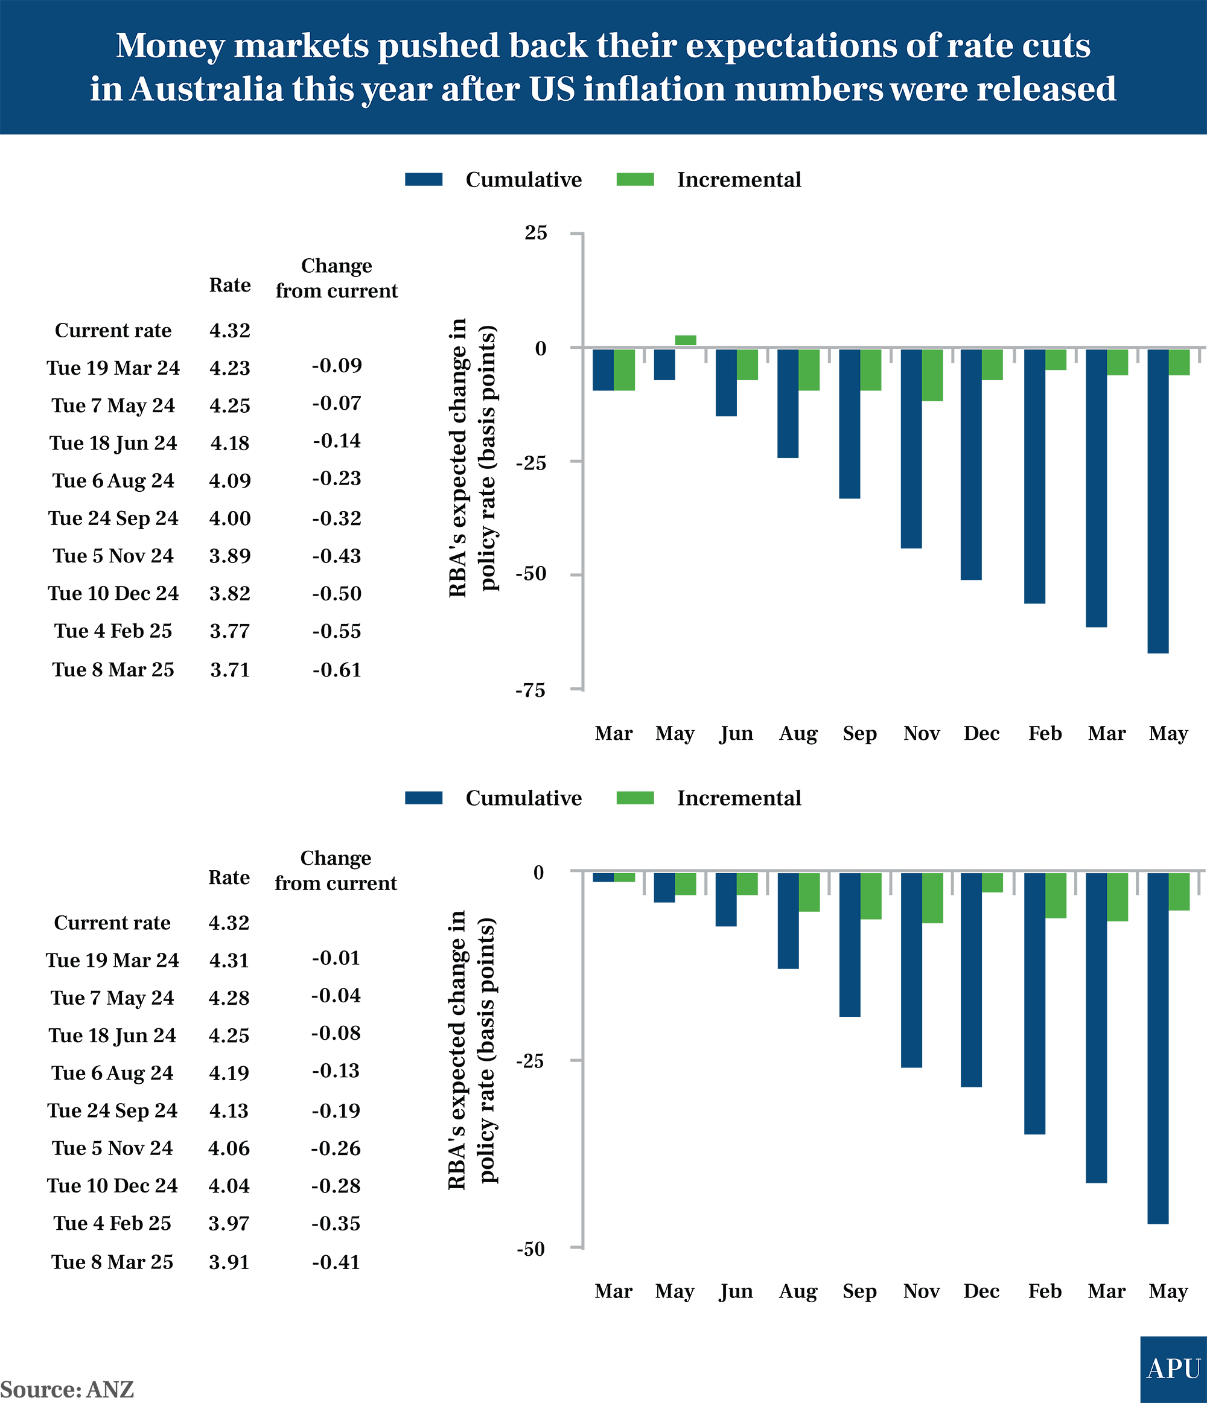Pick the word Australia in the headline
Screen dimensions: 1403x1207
click(206, 89)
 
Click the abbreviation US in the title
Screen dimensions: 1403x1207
click(552, 89)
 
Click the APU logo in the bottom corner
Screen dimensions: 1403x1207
click(1173, 1369)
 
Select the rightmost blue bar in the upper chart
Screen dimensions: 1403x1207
click(1158, 515)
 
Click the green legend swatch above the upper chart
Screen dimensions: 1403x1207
click(632, 178)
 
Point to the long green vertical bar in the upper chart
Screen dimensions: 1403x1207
click(686, 271)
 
